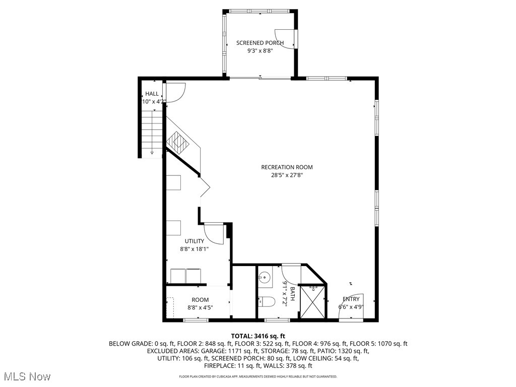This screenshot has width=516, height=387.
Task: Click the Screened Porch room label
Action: click(260, 43)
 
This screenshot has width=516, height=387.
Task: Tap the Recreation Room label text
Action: click(287, 167)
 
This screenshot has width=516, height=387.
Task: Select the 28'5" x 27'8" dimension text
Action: click(287, 175)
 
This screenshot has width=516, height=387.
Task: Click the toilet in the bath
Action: click(266, 302)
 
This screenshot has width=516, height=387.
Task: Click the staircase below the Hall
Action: click(152, 134)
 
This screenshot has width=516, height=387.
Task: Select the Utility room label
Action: click(194, 241)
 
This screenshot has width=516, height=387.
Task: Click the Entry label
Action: click(351, 299)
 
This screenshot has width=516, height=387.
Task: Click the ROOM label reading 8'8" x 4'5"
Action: click(200, 300)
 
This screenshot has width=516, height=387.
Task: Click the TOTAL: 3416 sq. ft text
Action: click(258, 336)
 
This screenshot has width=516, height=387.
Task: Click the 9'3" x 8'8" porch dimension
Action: click(260, 51)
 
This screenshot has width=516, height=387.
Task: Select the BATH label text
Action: click(292, 293)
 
